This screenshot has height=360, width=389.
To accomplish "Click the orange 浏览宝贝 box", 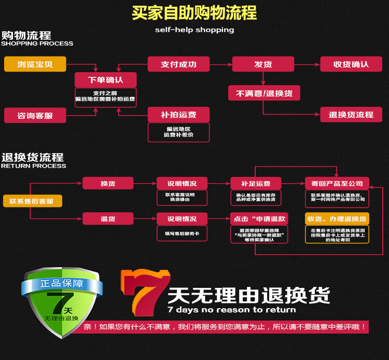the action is pyautogui.click(x=35, y=64).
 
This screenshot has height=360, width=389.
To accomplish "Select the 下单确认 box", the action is pyautogui.click(x=106, y=80).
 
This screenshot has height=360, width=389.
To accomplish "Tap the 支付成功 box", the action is pyautogui.click(x=178, y=64).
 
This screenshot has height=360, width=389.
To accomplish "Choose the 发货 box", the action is pyautogui.click(x=263, y=64).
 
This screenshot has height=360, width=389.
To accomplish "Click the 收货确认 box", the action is pyautogui.click(x=351, y=64).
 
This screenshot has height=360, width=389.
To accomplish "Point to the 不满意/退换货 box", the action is pyautogui.click(x=264, y=93).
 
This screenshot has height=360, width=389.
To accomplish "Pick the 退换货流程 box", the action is pyautogui.click(x=351, y=114).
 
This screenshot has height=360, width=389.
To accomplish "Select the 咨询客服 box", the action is pyautogui.click(x=35, y=115).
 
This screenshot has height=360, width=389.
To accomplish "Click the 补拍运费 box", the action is pyautogui.click(x=178, y=114).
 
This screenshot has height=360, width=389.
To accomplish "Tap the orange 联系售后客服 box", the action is pyautogui.click(x=32, y=201).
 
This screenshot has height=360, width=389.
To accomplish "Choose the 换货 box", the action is pyautogui.click(x=108, y=183).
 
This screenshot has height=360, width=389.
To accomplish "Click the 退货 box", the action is pyautogui.click(x=108, y=218).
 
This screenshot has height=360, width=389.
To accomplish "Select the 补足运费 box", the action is pyautogui.click(x=256, y=183).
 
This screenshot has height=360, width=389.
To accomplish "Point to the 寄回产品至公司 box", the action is pyautogui.click(x=337, y=183).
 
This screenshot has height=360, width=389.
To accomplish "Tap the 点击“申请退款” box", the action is pyautogui.click(x=259, y=218).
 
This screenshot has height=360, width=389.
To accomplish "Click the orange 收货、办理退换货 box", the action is pyautogui.click(x=337, y=218).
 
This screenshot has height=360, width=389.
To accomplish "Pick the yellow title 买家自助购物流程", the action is pyautogui.click(x=194, y=12).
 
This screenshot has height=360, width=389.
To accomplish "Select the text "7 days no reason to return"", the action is pyautogui.click(x=231, y=310).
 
